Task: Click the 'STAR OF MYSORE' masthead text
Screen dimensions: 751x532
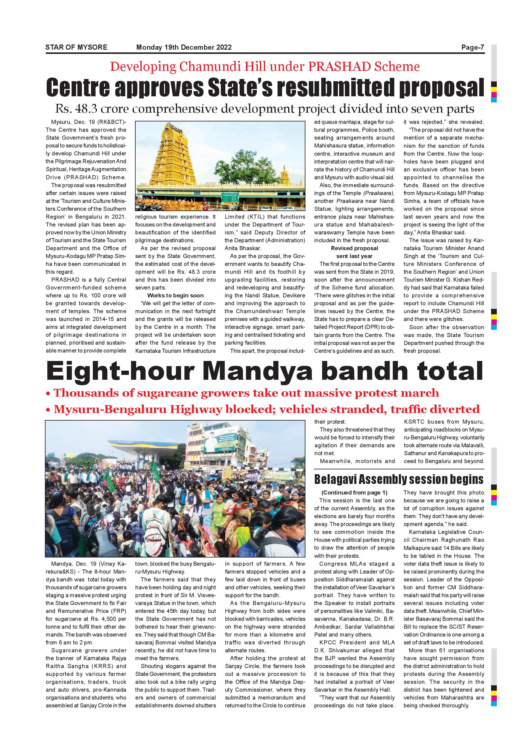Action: (76, 47)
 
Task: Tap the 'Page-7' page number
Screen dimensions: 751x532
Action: (473, 47)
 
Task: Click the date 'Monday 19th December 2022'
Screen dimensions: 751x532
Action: (184, 47)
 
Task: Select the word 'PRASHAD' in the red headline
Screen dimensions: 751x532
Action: (337, 67)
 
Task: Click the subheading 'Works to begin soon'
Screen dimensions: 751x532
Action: (175, 295)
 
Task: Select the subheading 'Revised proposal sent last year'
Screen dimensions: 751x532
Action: (354, 252)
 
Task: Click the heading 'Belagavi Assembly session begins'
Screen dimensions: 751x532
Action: (399, 479)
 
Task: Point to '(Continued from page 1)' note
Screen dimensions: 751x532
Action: (354, 493)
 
